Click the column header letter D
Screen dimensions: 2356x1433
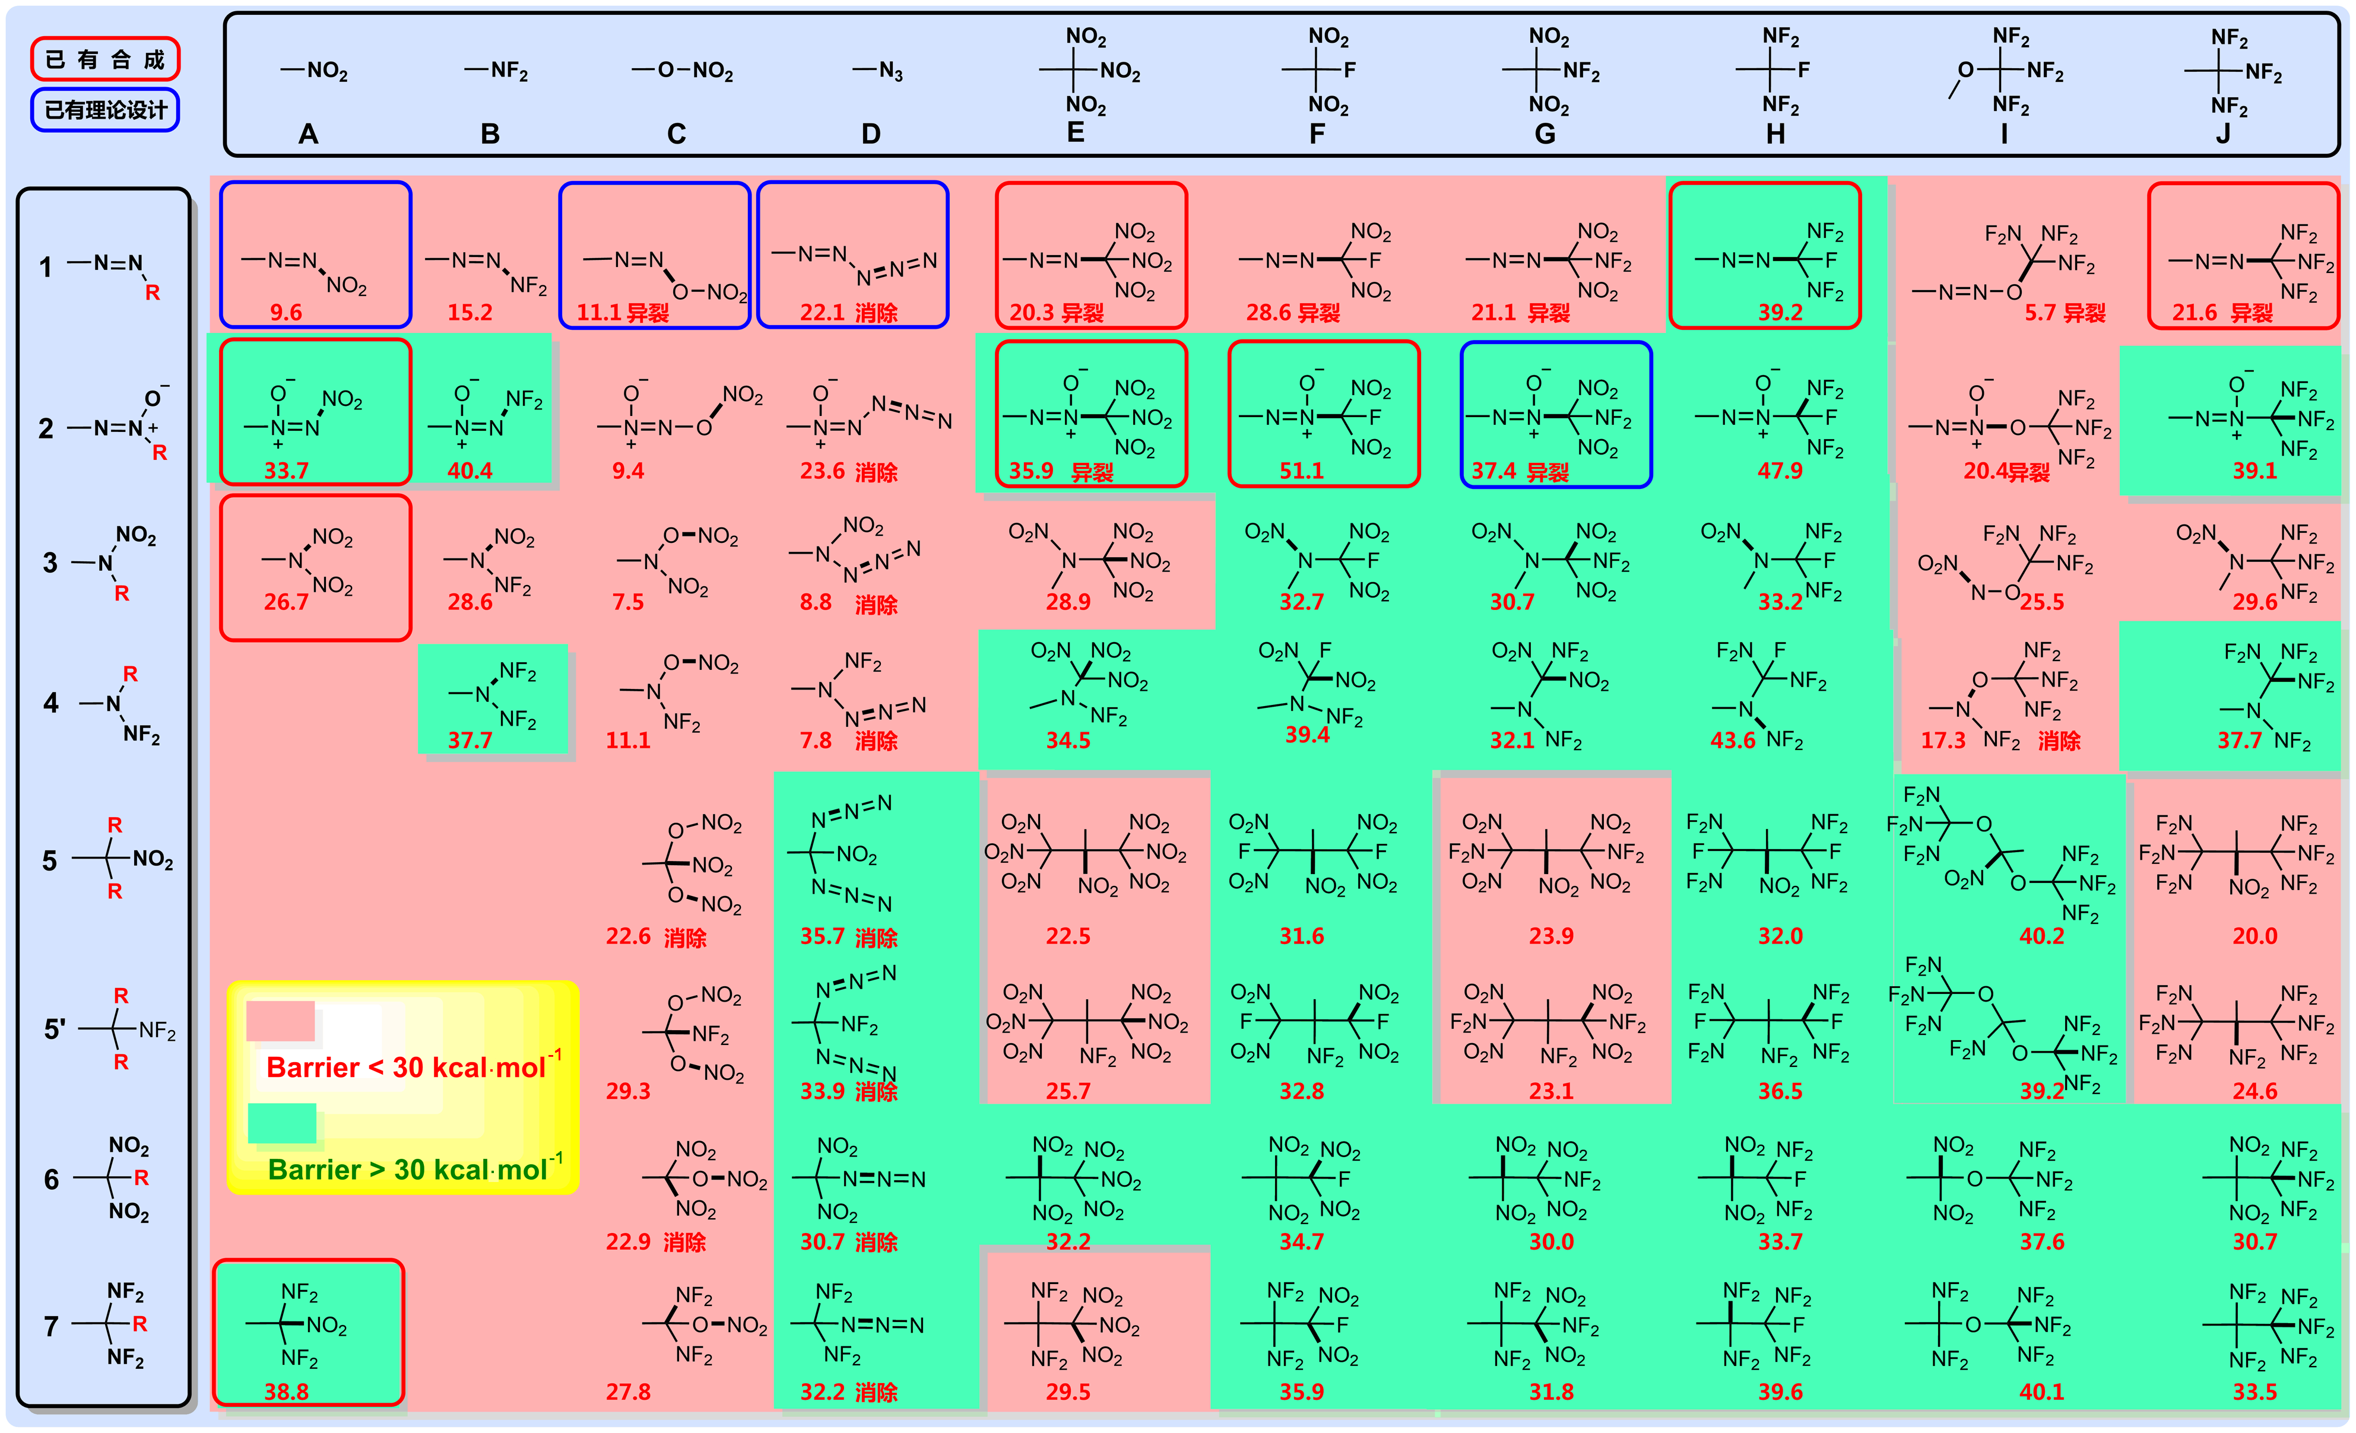(x=870, y=134)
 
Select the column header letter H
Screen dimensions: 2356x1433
(x=1775, y=134)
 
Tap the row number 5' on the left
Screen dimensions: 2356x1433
(x=55, y=1030)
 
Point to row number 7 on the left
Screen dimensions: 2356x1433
(x=52, y=1326)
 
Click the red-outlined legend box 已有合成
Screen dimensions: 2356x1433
(x=105, y=59)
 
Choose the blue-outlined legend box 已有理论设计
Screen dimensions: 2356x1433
(x=105, y=110)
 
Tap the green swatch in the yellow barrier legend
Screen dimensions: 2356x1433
(x=282, y=1123)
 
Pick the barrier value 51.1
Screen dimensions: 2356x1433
(x=1301, y=471)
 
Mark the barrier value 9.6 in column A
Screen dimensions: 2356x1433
(x=286, y=313)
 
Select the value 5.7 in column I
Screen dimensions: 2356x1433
(x=2040, y=313)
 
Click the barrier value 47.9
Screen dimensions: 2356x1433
(x=1780, y=471)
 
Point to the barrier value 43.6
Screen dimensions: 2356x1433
(x=1733, y=740)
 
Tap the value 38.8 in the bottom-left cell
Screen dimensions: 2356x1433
(x=286, y=1392)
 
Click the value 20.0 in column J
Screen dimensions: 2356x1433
(x=2254, y=936)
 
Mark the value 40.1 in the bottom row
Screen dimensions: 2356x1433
(x=2041, y=1392)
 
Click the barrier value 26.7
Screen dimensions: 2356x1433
(x=286, y=601)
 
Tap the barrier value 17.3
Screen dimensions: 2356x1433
(x=1943, y=740)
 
